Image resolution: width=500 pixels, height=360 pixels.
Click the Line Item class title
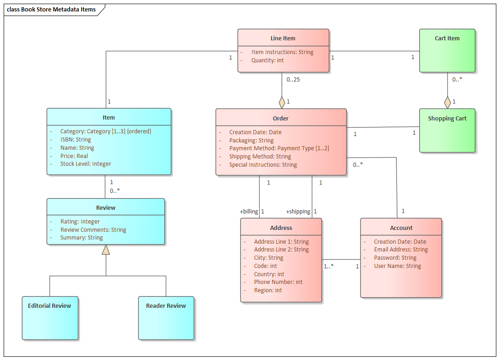pos(283,38)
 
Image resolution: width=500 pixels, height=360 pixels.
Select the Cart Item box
pos(447,50)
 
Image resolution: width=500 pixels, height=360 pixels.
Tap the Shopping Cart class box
pos(447,130)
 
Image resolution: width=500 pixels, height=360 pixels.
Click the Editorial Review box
pos(50,318)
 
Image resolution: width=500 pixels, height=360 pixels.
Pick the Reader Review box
pos(166,318)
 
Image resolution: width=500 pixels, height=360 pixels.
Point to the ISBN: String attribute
pos(76,140)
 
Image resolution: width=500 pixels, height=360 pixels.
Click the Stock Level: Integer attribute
pos(86,164)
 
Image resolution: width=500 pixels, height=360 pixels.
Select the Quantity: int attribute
pos(267,60)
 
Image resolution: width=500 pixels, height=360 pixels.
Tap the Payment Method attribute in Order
pos(279,148)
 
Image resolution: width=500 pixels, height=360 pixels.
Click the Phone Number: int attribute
pos(278,282)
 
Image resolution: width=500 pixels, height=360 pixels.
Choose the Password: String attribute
pos(395,258)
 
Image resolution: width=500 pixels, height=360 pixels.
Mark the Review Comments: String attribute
pos(93,230)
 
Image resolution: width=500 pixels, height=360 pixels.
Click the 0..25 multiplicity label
pos(293,80)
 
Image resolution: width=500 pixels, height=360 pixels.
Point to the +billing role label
pos(249,212)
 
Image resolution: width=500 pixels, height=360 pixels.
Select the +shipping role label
pos(298,212)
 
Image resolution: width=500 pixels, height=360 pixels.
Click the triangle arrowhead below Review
pos(106,250)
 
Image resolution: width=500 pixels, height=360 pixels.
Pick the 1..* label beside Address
pos(329,266)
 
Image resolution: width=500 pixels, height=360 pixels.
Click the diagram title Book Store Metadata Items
pos(52,10)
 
